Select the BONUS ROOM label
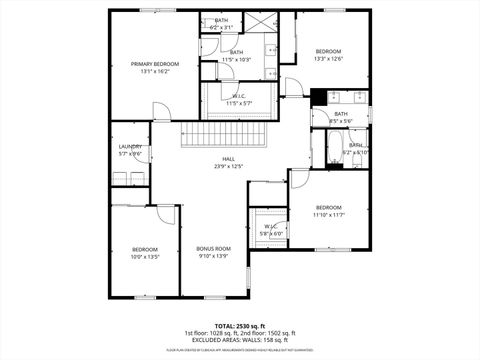tap(213, 248)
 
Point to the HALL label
tap(229, 159)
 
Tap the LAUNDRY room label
tap(130, 147)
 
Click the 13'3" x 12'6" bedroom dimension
tap(328, 59)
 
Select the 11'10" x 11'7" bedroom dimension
tap(328, 215)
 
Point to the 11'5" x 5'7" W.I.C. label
tap(238, 103)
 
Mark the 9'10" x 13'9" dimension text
tap(213, 256)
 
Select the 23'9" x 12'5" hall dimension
tap(229, 167)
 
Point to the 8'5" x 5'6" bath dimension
tap(341, 121)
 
